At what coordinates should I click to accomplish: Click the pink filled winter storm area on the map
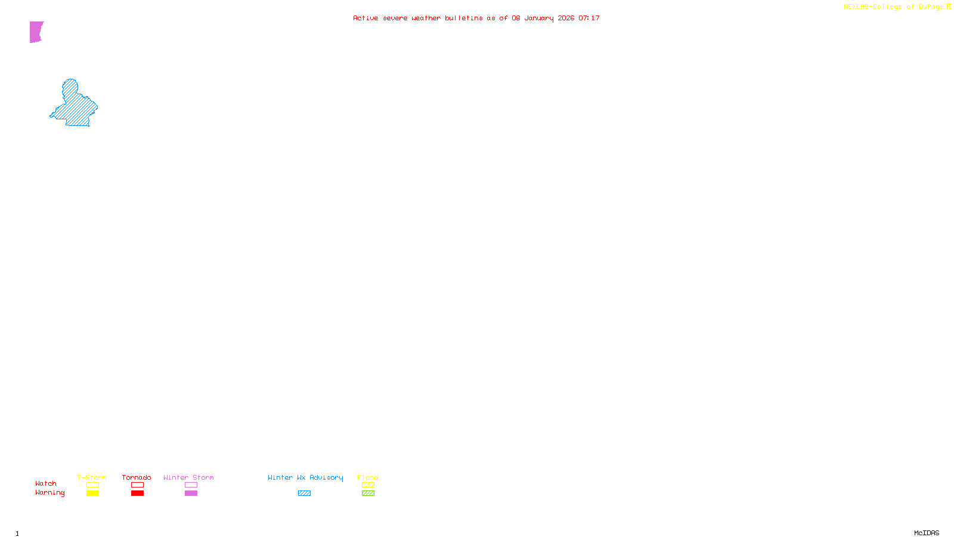click(36, 32)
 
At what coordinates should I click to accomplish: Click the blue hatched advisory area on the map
click(76, 107)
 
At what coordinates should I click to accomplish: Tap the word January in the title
click(538, 18)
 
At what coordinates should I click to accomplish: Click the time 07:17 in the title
click(589, 18)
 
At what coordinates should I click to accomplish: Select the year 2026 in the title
click(566, 18)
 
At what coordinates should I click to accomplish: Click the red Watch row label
click(46, 484)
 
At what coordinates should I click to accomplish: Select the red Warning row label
click(49, 493)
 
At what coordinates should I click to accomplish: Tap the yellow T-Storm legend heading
click(92, 477)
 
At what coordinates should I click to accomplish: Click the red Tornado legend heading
click(137, 477)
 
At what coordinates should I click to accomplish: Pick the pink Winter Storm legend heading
click(188, 477)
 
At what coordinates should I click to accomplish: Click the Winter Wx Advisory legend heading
click(305, 477)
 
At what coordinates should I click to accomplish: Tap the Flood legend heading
click(368, 477)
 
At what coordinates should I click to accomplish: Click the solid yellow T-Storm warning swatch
click(92, 493)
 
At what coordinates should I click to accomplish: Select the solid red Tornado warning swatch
click(137, 493)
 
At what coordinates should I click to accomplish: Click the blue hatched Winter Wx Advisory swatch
click(304, 493)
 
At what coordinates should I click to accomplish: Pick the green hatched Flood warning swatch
click(368, 493)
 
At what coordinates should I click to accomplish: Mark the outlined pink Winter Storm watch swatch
click(191, 485)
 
